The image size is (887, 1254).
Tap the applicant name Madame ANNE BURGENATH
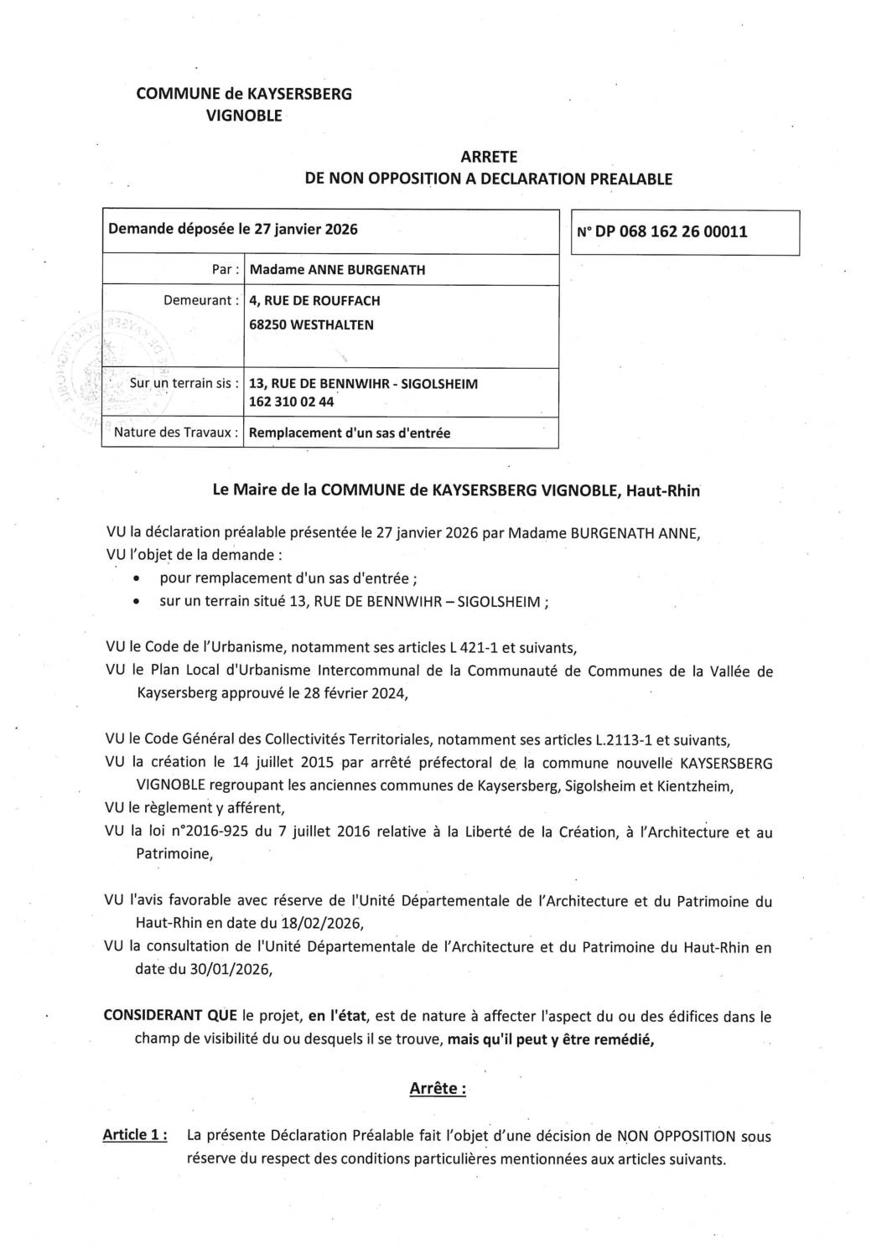click(331, 270)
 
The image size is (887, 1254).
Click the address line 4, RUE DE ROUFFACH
click(309, 300)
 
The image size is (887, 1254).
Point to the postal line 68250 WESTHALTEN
click(305, 324)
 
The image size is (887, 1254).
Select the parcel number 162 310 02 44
click(292, 402)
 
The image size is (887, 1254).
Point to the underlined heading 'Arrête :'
click(438, 1089)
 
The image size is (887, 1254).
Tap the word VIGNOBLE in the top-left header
click(244, 117)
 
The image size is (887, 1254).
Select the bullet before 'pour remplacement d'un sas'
click(137, 579)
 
